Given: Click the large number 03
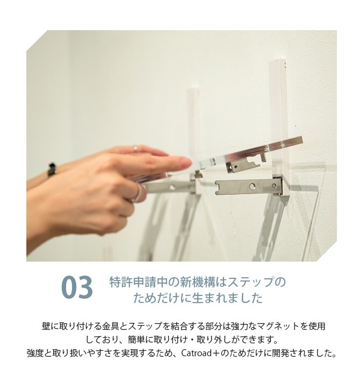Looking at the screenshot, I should pos(77,288).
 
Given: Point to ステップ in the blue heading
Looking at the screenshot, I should pos(252,282).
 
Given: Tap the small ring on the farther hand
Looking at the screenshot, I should pos(135,148).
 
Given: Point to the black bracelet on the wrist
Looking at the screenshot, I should pos(52,170).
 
